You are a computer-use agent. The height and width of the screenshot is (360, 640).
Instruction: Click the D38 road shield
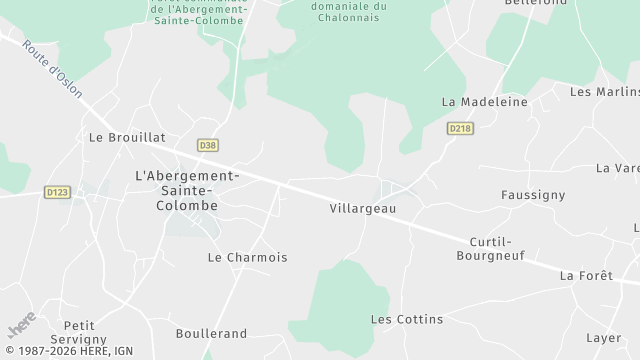coord(207,145)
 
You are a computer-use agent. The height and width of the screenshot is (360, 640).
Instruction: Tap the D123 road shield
coord(57,190)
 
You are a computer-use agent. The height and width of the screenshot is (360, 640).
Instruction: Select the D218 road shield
coord(460,128)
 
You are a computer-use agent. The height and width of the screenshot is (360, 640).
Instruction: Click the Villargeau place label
coord(362,209)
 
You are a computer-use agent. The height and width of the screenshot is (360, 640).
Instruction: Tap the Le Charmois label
coord(247,257)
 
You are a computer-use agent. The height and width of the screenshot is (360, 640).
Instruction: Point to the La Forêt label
coord(585,275)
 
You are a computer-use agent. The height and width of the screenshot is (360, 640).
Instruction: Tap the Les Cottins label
coord(406,319)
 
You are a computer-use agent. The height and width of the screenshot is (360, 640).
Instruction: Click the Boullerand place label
coord(211,333)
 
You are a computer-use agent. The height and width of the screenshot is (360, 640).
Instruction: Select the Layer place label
coord(604,337)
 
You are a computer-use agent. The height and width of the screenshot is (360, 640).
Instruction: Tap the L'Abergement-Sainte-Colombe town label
coord(188,190)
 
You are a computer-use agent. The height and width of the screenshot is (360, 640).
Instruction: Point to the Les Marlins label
coord(604,92)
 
